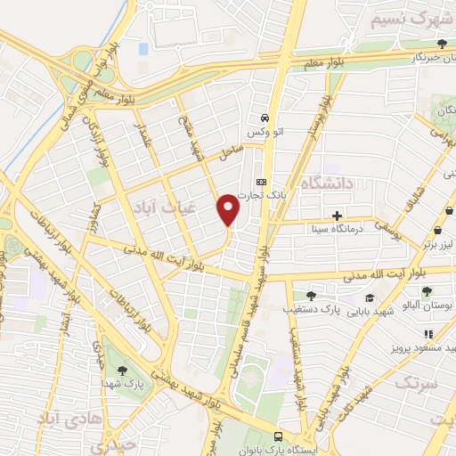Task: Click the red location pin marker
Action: coord(229,208)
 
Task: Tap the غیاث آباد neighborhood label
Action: coord(158,207)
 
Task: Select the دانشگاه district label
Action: coord(328,183)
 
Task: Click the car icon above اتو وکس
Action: coord(265,118)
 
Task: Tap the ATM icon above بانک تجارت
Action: coord(262,177)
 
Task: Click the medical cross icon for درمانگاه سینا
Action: coord(337,215)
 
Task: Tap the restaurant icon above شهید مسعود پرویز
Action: coord(429,333)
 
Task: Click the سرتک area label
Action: coord(416,384)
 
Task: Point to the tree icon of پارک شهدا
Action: coord(122,370)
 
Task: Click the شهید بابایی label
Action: coord(370,312)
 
